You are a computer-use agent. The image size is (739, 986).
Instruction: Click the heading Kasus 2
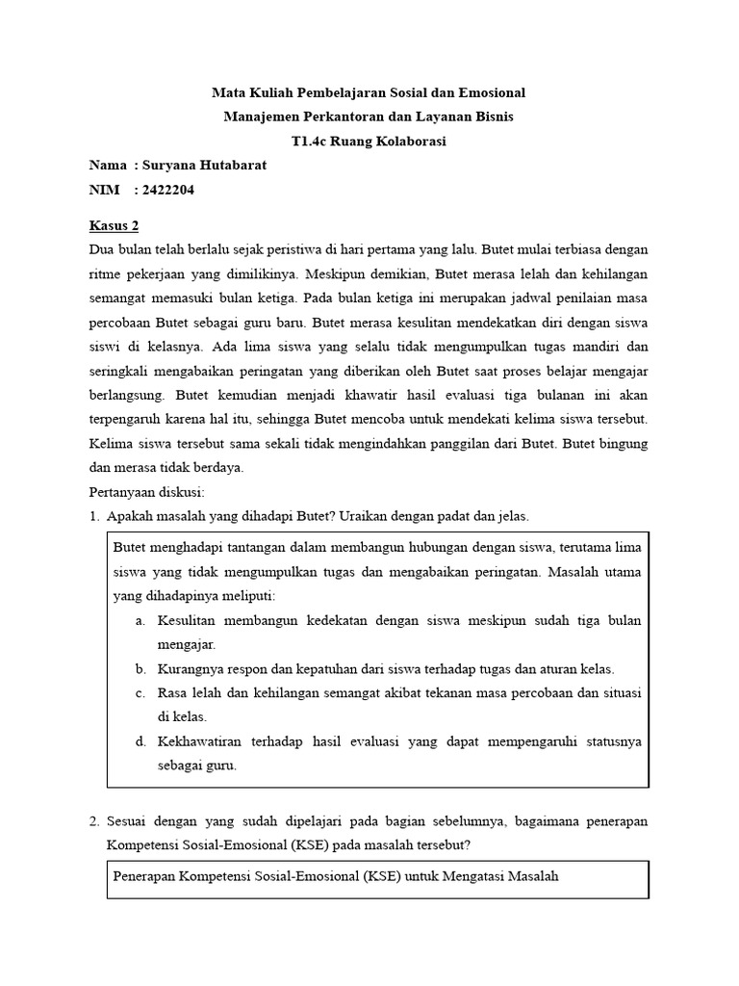coord(114,225)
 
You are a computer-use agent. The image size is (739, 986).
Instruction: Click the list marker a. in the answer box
coord(140,621)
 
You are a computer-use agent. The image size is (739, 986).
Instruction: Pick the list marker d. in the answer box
coord(140,742)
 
